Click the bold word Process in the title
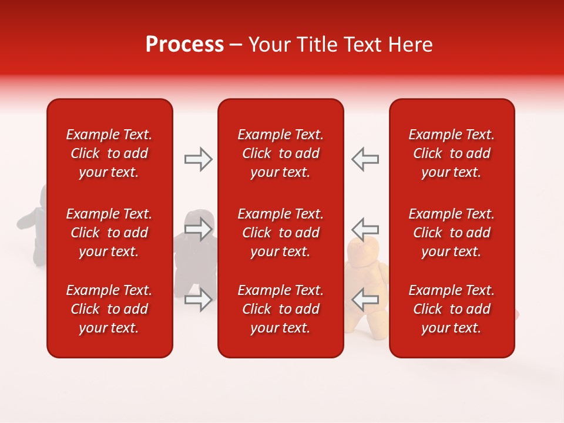point(184,45)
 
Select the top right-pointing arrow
point(198,159)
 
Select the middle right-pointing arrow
point(198,229)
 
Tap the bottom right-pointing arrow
point(198,300)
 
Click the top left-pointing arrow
point(365,159)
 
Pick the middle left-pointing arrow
point(365,229)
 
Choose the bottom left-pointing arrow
point(365,299)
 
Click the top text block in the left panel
point(109,153)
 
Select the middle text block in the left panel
point(109,233)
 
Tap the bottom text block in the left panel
point(109,309)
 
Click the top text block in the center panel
point(281,153)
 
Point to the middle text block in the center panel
point(281,233)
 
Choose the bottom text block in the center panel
point(281,309)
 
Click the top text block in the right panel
point(452,153)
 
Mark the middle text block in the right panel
point(452,233)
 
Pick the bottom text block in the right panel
point(452,309)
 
